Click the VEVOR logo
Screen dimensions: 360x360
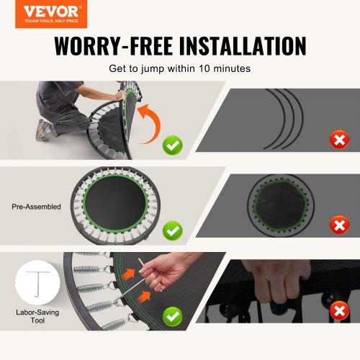(51, 14)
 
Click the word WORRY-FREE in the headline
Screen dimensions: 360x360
(113, 46)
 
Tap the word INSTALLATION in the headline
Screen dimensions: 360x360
(243, 46)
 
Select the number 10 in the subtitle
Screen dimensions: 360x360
(204, 68)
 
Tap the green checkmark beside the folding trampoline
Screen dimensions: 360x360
(173, 145)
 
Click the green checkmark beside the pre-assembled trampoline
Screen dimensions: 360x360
(173, 230)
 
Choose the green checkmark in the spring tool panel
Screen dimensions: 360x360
(173, 316)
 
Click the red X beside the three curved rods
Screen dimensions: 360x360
(339, 140)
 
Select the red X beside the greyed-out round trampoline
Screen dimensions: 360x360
(339, 225)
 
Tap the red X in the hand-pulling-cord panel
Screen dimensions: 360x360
(339, 311)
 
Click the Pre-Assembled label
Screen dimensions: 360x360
(36, 207)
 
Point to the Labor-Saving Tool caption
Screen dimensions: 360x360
(37, 316)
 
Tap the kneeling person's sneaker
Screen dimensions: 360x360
(42, 130)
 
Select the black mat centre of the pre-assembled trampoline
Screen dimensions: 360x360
(115, 204)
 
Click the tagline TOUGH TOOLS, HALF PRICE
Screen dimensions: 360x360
(51, 21)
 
